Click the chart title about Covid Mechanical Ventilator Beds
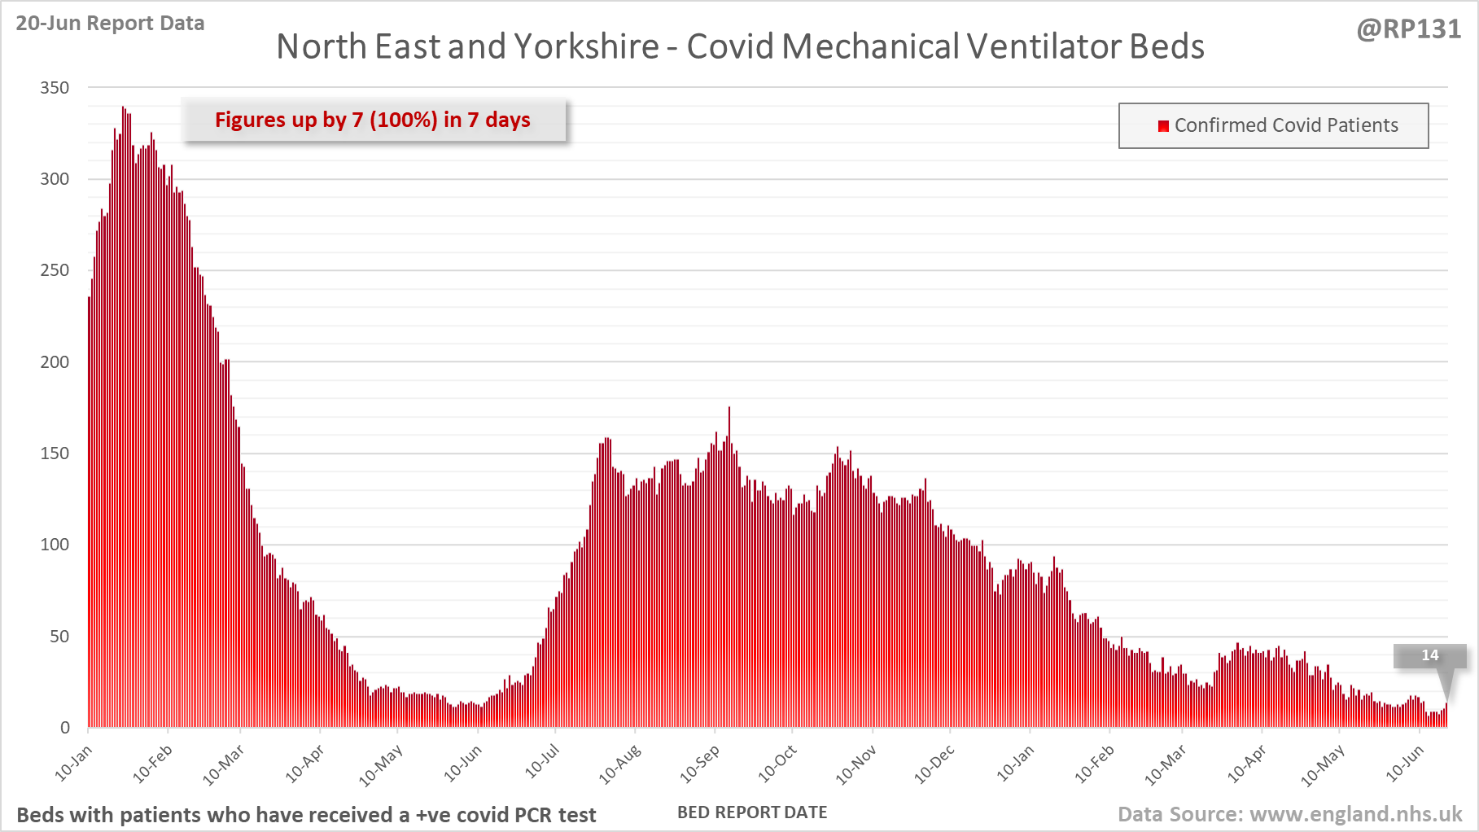(x=740, y=46)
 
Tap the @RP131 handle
(x=1408, y=29)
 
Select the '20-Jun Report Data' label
(x=110, y=23)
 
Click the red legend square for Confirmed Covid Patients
(x=1163, y=125)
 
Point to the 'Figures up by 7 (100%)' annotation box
(x=373, y=120)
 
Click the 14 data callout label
(x=1429, y=655)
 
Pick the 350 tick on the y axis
(x=55, y=87)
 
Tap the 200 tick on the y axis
(x=55, y=361)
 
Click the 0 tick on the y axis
(x=65, y=728)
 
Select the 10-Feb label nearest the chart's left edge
(x=153, y=764)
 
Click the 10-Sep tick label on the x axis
(x=700, y=764)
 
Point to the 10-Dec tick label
(x=934, y=764)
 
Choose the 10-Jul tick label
(x=542, y=760)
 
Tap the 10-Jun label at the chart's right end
(x=1405, y=764)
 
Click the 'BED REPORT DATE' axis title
(x=752, y=812)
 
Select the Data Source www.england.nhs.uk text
(x=1289, y=814)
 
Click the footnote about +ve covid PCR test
(x=306, y=815)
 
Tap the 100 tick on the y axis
(x=55, y=545)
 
